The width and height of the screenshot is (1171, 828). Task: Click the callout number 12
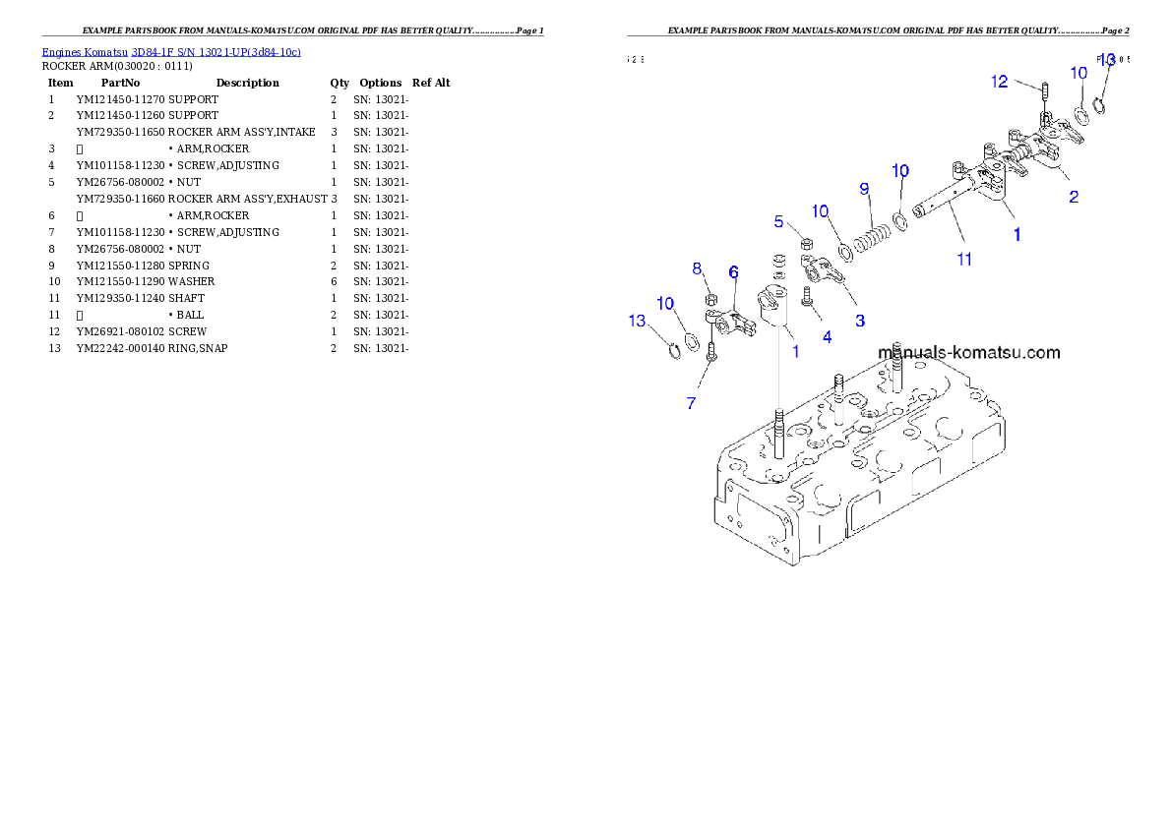(x=999, y=82)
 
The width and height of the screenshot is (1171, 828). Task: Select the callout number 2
(x=1074, y=197)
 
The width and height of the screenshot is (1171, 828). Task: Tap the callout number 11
(x=964, y=260)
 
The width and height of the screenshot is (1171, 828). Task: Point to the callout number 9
(x=864, y=188)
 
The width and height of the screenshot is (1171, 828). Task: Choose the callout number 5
(x=778, y=222)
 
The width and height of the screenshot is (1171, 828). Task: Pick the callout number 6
(x=733, y=271)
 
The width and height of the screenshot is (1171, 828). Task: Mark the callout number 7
(x=691, y=403)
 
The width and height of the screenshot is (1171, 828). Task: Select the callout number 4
(x=827, y=337)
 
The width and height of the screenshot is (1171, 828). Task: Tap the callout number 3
(x=859, y=321)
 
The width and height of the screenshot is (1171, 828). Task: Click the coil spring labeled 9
(x=873, y=241)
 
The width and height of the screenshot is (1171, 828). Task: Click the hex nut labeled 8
(x=709, y=299)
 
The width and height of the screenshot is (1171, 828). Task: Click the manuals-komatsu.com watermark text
(x=968, y=352)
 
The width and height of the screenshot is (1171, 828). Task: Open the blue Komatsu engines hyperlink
(x=171, y=51)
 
